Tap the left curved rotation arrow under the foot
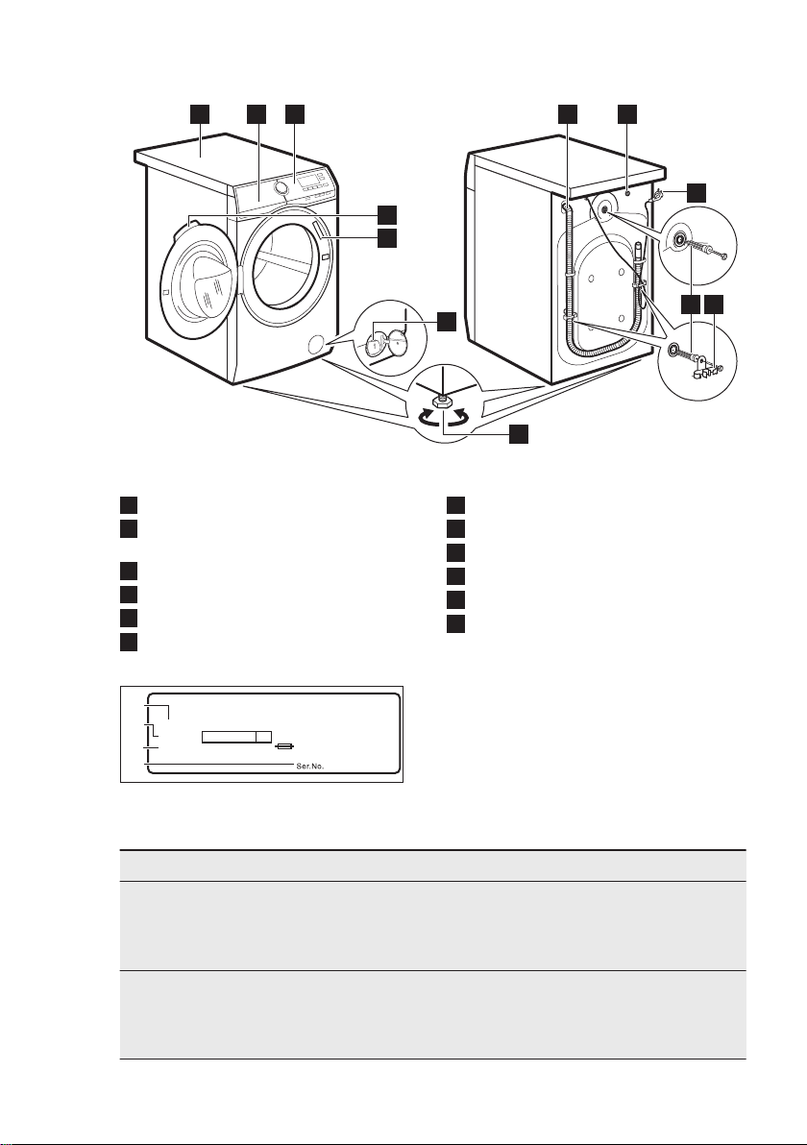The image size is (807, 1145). pyautogui.click(x=425, y=419)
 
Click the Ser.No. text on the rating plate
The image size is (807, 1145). pyautogui.click(x=309, y=767)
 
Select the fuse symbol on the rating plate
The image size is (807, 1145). pyautogui.click(x=284, y=746)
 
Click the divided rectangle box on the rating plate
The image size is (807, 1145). pyautogui.click(x=236, y=736)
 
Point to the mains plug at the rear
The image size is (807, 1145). pyautogui.click(x=655, y=195)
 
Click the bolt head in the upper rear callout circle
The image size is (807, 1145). pyautogui.click(x=721, y=255)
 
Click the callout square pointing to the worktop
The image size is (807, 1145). pyautogui.click(x=200, y=114)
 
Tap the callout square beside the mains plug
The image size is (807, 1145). pyautogui.click(x=697, y=192)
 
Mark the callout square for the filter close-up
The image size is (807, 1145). pyautogui.click(x=446, y=320)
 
